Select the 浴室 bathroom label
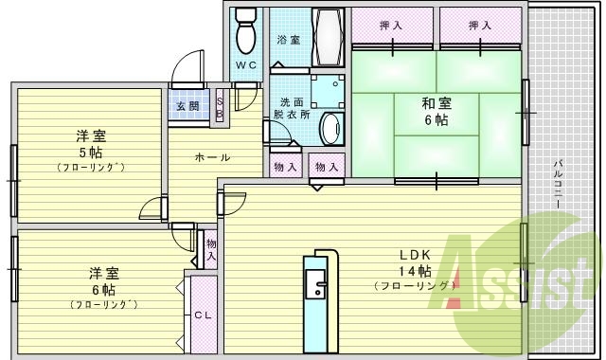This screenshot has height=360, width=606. click(x=288, y=41)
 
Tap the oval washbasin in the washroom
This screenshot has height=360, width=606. click(x=330, y=127)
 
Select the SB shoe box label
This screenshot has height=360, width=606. click(x=220, y=107)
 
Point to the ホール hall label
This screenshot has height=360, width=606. click(x=212, y=157)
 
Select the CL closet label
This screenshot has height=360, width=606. click(x=202, y=315)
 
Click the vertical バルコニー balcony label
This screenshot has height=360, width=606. click(x=559, y=185)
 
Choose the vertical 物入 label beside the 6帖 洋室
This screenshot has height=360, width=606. click(x=211, y=250)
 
